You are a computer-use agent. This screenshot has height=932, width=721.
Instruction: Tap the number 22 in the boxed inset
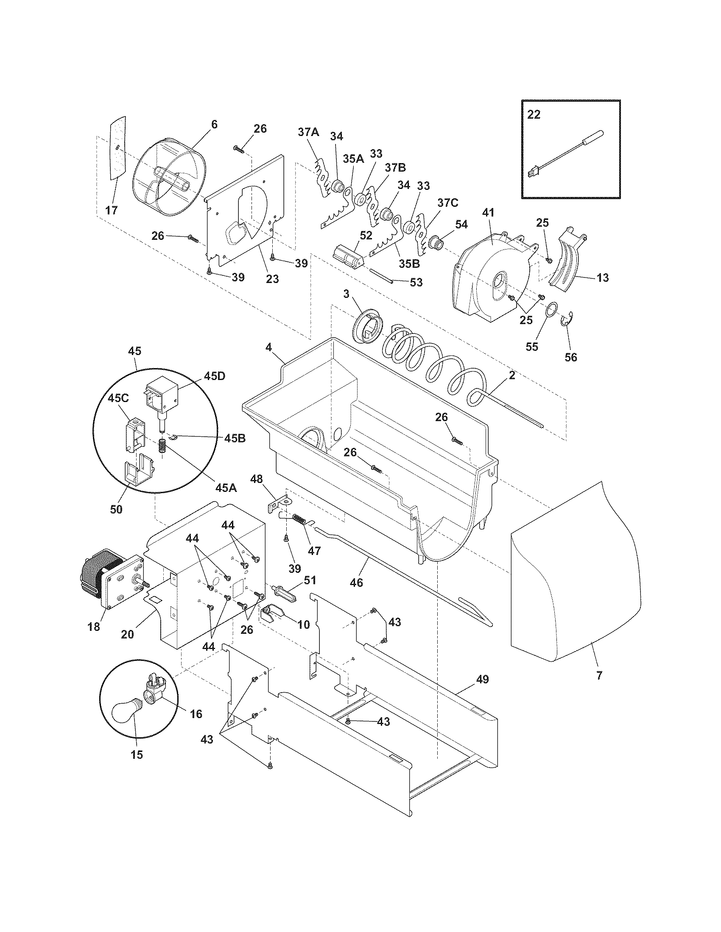(x=534, y=115)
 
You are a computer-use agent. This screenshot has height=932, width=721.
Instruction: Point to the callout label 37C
(x=447, y=202)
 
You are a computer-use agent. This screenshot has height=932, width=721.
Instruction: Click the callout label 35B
(x=409, y=264)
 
